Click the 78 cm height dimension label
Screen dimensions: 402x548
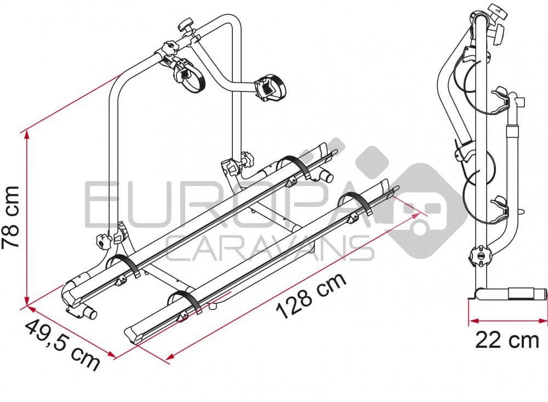point(12,216)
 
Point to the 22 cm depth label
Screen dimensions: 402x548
point(507,341)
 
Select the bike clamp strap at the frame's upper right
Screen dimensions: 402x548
point(270,86)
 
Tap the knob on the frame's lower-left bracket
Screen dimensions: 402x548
point(102,241)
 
